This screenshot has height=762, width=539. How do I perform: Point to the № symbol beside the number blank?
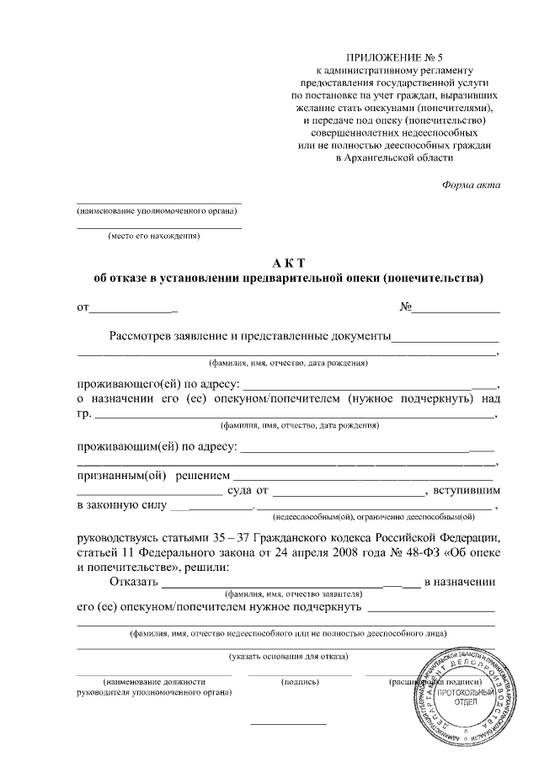pos(405,307)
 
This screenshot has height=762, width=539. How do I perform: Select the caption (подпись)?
pos(299,680)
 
